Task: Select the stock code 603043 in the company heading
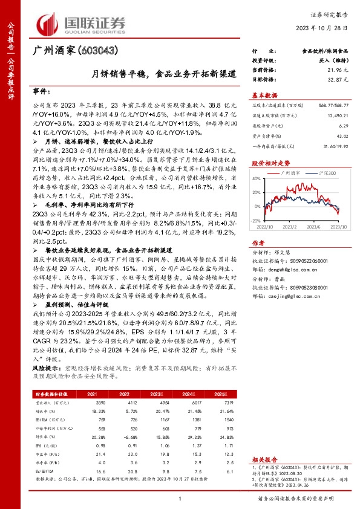(97, 50)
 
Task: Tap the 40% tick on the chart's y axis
(259, 178)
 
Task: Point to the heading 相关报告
(264, 460)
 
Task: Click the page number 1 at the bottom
(180, 499)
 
